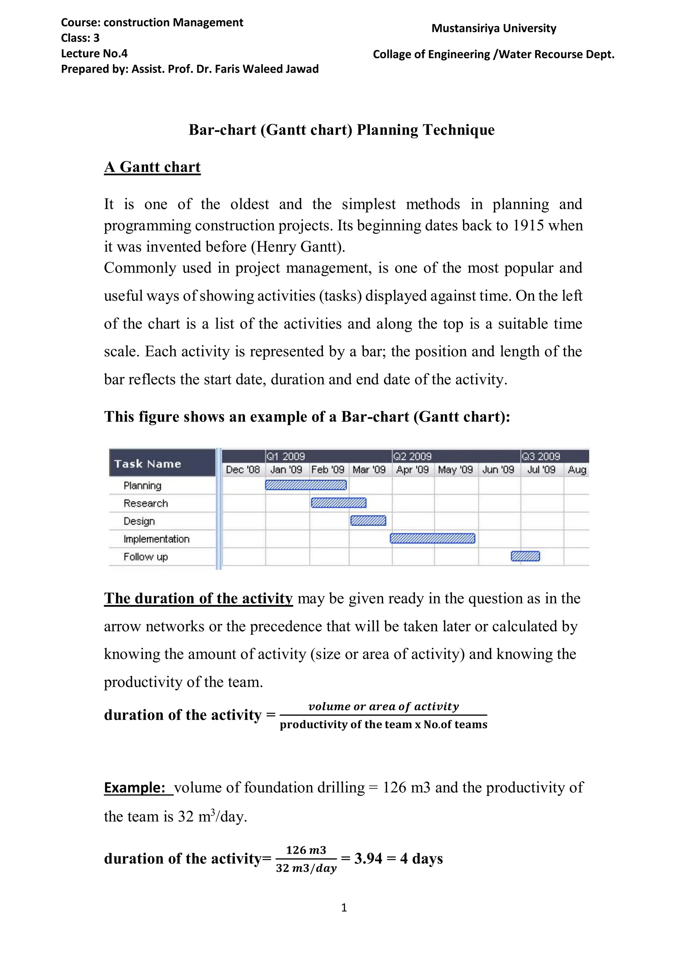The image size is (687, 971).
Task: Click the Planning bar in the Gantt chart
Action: (306, 485)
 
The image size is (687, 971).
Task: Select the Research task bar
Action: (338, 503)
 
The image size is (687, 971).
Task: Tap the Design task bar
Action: (368, 521)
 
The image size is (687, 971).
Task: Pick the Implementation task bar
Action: (432, 538)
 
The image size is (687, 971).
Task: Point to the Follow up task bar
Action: (525, 556)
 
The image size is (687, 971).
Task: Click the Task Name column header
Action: (148, 464)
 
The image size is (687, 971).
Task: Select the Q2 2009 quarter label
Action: (412, 456)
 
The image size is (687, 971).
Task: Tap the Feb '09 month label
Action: (328, 470)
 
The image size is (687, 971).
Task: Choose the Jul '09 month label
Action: (541, 470)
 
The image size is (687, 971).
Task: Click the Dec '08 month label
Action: (243, 470)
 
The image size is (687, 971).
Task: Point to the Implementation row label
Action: (156, 539)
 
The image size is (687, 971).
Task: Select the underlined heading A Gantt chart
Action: (152, 167)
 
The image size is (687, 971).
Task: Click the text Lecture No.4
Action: (94, 54)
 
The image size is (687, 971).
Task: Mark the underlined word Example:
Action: (135, 787)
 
